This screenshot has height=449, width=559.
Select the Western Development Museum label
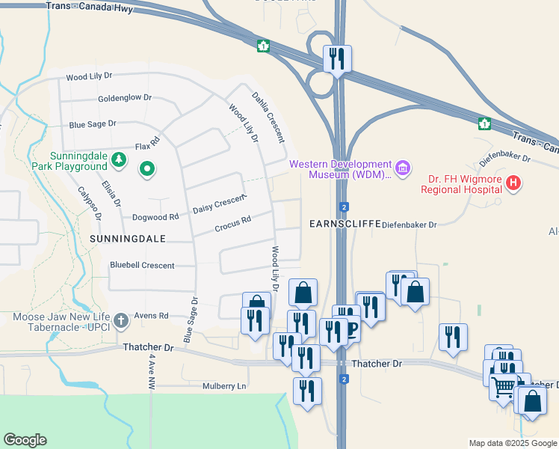pyautogui.click(x=341, y=169)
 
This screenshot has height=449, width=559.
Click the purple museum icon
pyautogui.click(x=403, y=167)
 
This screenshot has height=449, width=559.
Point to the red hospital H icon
pyautogui.click(x=513, y=182)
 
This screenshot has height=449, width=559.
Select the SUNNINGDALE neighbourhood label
pyautogui.click(x=125, y=237)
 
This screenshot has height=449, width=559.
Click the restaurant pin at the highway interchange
pyautogui.click(x=337, y=58)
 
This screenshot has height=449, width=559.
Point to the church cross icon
pyautogui.click(x=122, y=321)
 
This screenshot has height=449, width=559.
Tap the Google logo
pyautogui.click(x=25, y=440)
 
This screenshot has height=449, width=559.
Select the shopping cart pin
pyautogui.click(x=504, y=387)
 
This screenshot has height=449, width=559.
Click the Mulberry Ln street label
pyautogui.click(x=224, y=386)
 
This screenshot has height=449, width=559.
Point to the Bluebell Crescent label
pyautogui.click(x=142, y=266)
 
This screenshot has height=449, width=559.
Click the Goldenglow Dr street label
pyautogui.click(x=124, y=98)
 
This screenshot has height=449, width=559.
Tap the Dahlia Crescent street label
pyautogui.click(x=268, y=117)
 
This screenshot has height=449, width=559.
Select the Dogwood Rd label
pyautogui.click(x=155, y=217)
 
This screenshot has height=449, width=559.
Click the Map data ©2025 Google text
pyautogui.click(x=513, y=443)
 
